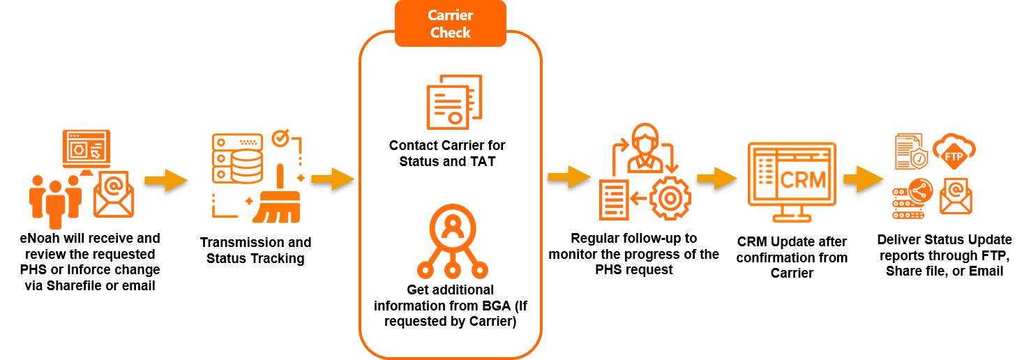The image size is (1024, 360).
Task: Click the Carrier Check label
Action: pos(450,24)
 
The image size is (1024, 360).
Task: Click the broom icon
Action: pos(278,198)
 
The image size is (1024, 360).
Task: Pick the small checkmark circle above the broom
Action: pos(280,137)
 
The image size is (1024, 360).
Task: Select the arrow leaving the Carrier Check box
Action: pos(569,177)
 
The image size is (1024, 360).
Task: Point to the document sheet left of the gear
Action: pos(614,199)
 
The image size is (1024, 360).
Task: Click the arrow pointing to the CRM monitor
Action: pos(716,179)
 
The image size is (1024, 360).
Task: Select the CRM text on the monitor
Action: pos(803,180)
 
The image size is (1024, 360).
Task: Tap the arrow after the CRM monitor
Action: pos(864,179)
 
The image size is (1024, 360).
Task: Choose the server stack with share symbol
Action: pos(909,199)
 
